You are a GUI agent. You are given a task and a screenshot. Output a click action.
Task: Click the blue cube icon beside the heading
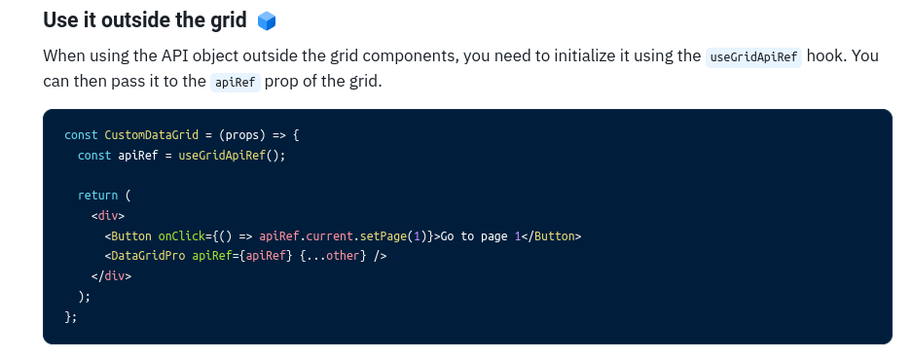(x=267, y=20)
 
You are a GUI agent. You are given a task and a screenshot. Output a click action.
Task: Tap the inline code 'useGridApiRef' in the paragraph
(x=754, y=56)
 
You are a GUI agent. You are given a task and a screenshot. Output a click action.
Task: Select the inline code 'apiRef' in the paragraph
(x=235, y=82)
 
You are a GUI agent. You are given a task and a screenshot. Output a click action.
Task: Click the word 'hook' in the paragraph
(x=826, y=55)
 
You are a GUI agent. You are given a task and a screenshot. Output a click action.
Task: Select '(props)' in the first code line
(x=246, y=135)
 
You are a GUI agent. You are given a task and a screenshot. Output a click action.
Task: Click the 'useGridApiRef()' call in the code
(x=232, y=156)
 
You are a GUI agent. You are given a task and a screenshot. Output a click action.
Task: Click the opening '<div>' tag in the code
(x=108, y=216)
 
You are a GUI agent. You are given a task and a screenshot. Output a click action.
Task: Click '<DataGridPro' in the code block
(x=145, y=256)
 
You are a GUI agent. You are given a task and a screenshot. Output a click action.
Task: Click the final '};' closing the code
(x=70, y=316)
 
